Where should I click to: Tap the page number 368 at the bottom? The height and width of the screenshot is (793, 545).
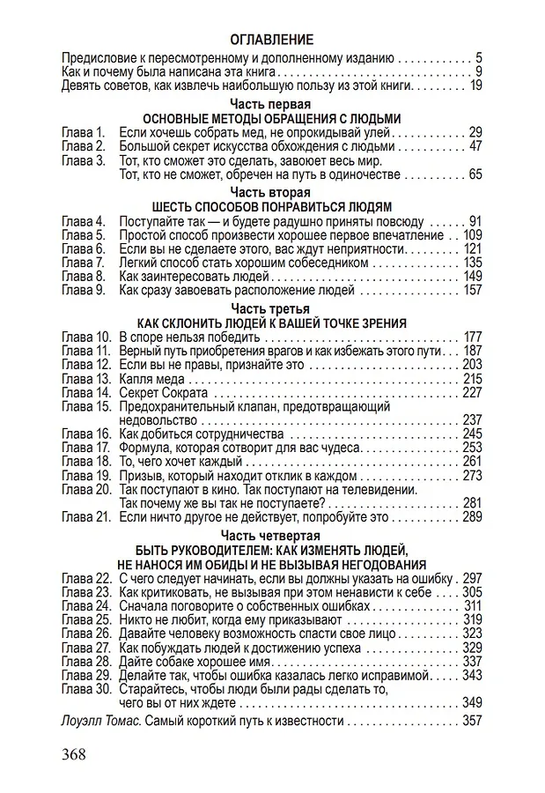[80, 756]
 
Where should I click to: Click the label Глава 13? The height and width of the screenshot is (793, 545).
[85, 378]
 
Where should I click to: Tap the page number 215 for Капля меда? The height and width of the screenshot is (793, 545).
[472, 378]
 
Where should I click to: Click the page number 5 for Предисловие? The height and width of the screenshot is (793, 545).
[478, 57]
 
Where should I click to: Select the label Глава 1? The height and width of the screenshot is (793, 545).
[83, 132]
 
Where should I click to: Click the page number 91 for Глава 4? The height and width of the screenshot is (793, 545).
[475, 219]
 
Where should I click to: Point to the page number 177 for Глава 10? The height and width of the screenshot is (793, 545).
[472, 337]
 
